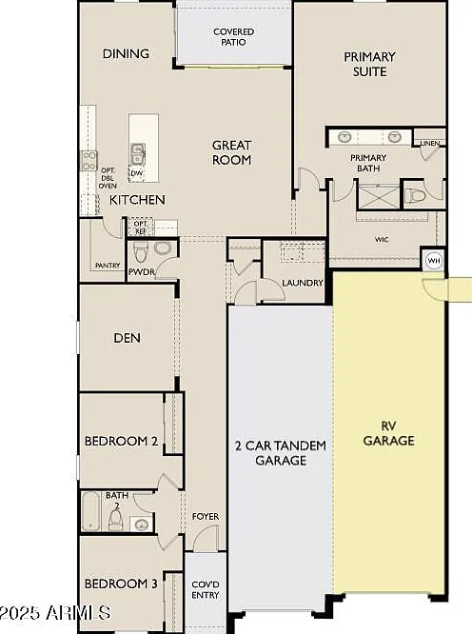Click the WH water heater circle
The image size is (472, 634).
[x=434, y=261]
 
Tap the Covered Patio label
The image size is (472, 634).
[x=233, y=37]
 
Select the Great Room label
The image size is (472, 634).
[x=231, y=152]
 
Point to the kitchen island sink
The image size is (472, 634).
[x=137, y=153]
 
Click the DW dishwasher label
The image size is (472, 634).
[x=136, y=173]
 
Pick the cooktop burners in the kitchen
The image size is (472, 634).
[x=88, y=161]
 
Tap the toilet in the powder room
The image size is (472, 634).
[x=141, y=251]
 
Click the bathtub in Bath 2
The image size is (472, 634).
[x=91, y=511]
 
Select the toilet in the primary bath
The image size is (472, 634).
[x=416, y=196]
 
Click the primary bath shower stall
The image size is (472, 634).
[x=378, y=196]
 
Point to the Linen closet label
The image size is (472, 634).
[x=430, y=143]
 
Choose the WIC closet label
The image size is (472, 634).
[x=382, y=240]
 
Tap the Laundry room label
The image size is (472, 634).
[x=303, y=283]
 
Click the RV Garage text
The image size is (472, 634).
[x=388, y=433]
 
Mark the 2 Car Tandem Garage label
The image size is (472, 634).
[x=281, y=452]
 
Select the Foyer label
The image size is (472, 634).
[x=206, y=516]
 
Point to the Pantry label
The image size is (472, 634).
[x=108, y=266]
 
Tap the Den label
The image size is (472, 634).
[x=127, y=338]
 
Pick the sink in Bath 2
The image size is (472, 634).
[x=141, y=525]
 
